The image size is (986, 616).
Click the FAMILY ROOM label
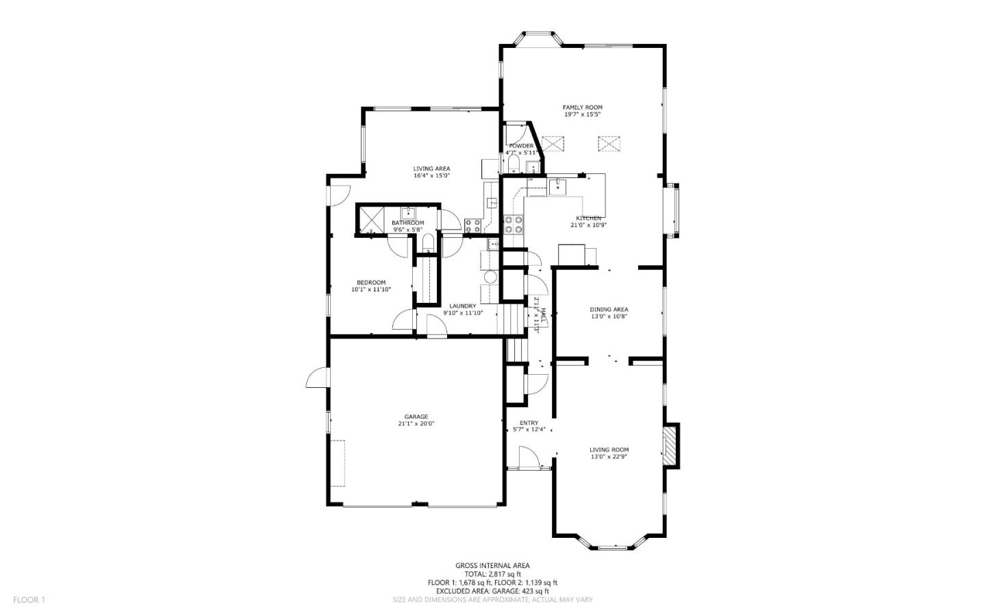(582, 108)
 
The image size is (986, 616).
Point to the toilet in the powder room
(513, 163)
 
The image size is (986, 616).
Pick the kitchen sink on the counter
(558, 186)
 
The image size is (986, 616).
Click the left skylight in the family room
(552, 144)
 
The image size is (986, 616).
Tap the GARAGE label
(416, 417)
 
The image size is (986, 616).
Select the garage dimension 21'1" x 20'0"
(416, 424)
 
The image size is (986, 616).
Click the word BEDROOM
(370, 282)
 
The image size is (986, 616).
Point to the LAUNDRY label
(462, 306)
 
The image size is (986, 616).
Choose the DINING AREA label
(609, 310)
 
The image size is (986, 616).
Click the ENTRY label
(529, 423)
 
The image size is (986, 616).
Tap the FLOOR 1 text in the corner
(29, 600)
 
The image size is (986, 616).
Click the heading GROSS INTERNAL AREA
(492, 566)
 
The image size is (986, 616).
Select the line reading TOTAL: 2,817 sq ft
(492, 574)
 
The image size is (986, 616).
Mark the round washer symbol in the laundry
(490, 278)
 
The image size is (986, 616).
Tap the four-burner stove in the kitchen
(514, 225)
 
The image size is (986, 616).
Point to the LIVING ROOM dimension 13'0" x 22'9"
(609, 457)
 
